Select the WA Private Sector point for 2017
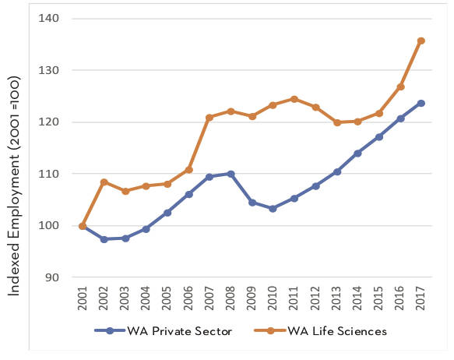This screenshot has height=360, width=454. [421, 103]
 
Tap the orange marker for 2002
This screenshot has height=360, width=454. [104, 182]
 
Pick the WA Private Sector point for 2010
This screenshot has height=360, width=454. [273, 209]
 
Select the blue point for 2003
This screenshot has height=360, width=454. [125, 238]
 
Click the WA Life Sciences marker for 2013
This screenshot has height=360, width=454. [336, 122]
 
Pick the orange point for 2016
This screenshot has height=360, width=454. [399, 86]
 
